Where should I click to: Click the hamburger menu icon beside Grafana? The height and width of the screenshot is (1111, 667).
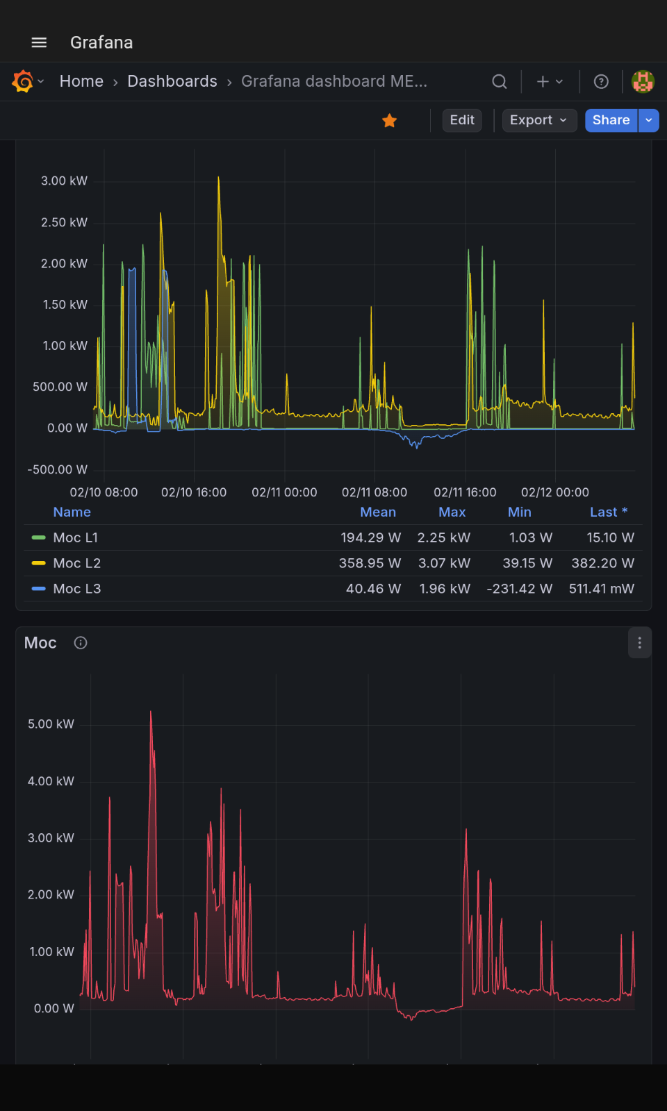click(39, 42)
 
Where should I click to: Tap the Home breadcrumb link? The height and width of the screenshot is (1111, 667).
click(81, 81)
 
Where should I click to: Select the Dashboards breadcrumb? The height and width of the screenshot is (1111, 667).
click(172, 81)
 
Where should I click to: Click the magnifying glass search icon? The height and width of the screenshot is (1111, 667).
click(500, 81)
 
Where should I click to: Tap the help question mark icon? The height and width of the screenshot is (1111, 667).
click(601, 81)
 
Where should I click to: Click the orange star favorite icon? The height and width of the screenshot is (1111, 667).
click(390, 120)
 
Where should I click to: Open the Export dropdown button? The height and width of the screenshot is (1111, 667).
click(539, 121)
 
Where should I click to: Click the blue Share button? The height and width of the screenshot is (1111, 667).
click(611, 121)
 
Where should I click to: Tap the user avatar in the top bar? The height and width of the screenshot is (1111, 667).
click(643, 81)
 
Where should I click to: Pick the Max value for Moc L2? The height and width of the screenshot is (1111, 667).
click(444, 563)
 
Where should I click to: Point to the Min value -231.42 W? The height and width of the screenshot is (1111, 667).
click(519, 589)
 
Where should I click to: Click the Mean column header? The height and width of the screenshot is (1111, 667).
click(378, 512)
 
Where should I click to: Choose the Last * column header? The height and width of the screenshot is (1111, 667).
click(609, 512)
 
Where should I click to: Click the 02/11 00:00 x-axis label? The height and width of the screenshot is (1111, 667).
click(284, 492)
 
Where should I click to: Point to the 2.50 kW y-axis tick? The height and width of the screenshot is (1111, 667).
click(64, 222)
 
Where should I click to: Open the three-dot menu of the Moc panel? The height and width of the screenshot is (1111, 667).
click(640, 643)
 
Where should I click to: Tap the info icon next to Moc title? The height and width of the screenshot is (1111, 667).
click(81, 643)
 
